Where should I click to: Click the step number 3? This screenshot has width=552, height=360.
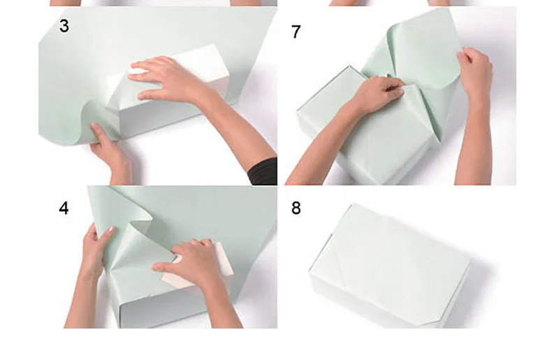click(64, 26)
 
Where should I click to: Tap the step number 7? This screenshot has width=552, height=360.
click(296, 31)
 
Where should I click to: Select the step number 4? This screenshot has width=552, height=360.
click(64, 208)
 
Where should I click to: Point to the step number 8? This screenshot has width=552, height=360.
click(296, 208)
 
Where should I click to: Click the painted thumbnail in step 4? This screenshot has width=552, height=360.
click(111, 229)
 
